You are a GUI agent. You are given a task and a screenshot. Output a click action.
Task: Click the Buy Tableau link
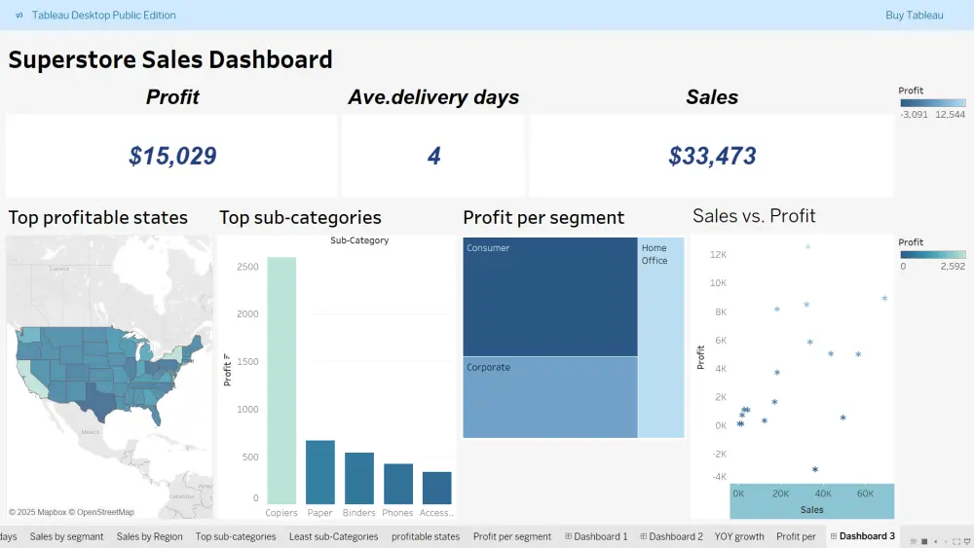point(914,15)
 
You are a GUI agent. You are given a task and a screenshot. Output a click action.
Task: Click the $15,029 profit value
point(172,156)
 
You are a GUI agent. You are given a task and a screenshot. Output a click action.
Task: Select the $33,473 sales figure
point(712,156)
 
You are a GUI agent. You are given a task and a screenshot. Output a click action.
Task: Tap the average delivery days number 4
point(433,156)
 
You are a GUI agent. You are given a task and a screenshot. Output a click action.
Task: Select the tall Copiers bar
point(281,380)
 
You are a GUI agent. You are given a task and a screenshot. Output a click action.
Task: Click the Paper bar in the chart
point(320,471)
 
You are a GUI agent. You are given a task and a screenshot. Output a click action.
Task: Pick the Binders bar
point(359,478)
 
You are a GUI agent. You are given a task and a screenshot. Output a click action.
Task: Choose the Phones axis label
point(398,512)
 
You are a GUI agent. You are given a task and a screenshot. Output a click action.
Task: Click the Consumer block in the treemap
point(550,297)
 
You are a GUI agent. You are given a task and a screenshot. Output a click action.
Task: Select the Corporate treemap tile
point(550,397)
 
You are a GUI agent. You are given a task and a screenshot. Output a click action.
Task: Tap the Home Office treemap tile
point(661,337)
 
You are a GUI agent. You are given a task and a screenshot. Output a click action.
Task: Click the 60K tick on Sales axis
point(864,493)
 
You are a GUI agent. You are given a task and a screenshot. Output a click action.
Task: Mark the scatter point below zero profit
point(815,469)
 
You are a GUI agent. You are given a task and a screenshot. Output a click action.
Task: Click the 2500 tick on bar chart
point(247,267)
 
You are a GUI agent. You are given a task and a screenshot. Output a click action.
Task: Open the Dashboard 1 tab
point(600,536)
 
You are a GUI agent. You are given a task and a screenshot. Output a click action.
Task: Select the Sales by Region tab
point(149,536)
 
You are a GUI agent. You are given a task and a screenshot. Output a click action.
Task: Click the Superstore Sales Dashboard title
point(170,59)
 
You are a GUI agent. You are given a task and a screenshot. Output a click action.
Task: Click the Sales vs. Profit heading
point(754,216)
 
